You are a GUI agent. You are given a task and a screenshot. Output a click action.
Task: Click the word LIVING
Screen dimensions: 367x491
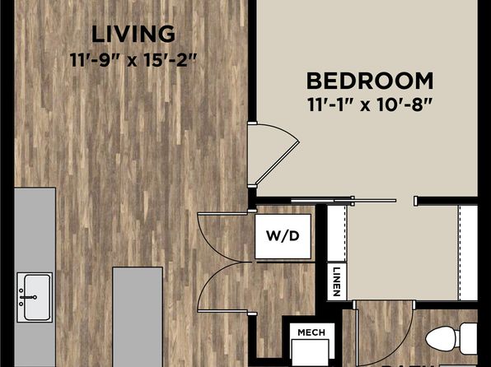pyautogui.click(x=133, y=35)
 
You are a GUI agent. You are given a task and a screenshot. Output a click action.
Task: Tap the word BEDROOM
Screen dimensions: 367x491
pyautogui.click(x=370, y=81)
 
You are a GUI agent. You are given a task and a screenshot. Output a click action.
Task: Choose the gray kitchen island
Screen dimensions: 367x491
pyautogui.click(x=138, y=317)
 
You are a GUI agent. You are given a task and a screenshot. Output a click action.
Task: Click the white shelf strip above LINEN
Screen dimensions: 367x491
pyautogui.click(x=336, y=234)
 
